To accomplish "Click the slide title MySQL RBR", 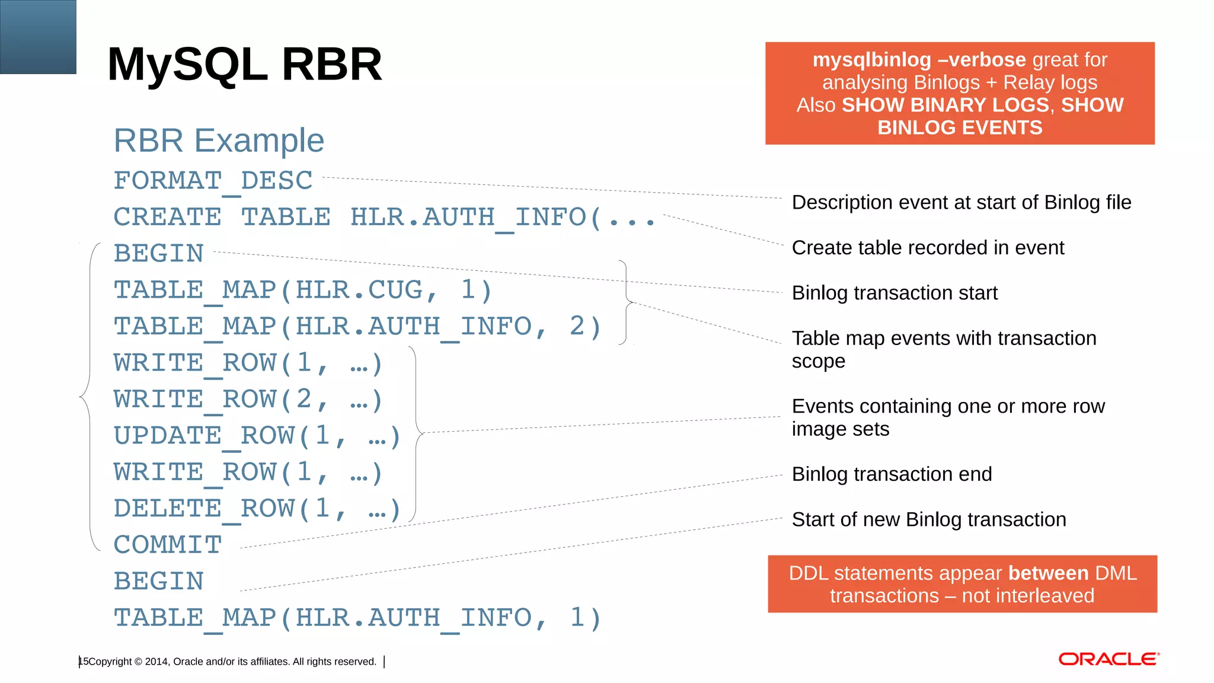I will pos(244,64).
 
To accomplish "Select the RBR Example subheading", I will pos(219,141).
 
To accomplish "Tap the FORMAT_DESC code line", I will pos(213,180).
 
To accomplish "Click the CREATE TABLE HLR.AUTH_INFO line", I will pos(384,217).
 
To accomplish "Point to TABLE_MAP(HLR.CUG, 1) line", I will pos(303,290).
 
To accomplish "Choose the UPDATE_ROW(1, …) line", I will pos(257,436).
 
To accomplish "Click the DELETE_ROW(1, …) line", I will pos(257,509).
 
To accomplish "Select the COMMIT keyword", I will pos(168,545).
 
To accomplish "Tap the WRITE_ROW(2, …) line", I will pos(248,399).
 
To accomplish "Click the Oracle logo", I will pos(1108,659).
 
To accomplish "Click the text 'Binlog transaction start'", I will pos(894,293).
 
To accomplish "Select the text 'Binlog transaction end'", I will pos(892,474).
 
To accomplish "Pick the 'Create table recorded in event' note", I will pos(928,248).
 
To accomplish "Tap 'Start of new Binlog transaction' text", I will pos(929,519).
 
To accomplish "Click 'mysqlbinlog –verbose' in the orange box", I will pos(919,60).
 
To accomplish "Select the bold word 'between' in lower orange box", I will pos(1048,573).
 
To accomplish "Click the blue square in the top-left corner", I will pos(38,37).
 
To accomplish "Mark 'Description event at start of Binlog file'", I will pos(961,203).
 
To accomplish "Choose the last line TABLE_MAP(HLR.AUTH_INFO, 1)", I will pos(357,618).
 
